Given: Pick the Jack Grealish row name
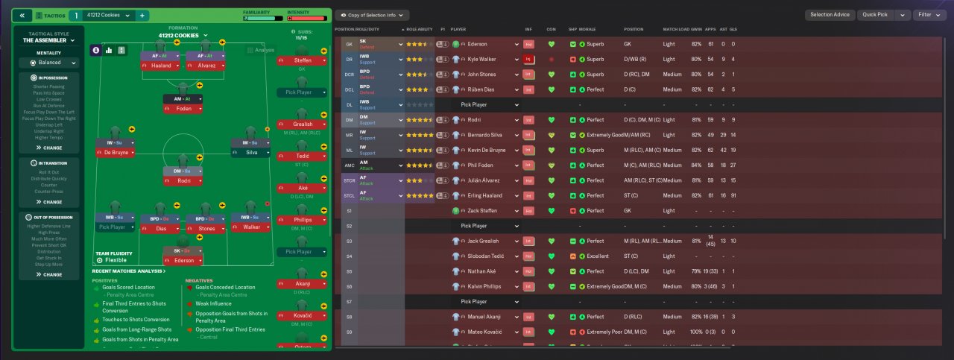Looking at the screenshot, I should pos(483,241).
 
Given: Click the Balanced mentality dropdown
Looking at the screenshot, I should pos(51,63).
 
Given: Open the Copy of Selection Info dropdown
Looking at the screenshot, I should pos(372,15).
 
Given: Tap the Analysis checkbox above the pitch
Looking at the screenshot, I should pos(250,50).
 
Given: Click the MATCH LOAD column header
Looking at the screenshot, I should pos(676,29).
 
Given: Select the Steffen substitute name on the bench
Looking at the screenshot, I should pos(303,60).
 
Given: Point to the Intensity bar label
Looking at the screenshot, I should pos(298,11).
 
